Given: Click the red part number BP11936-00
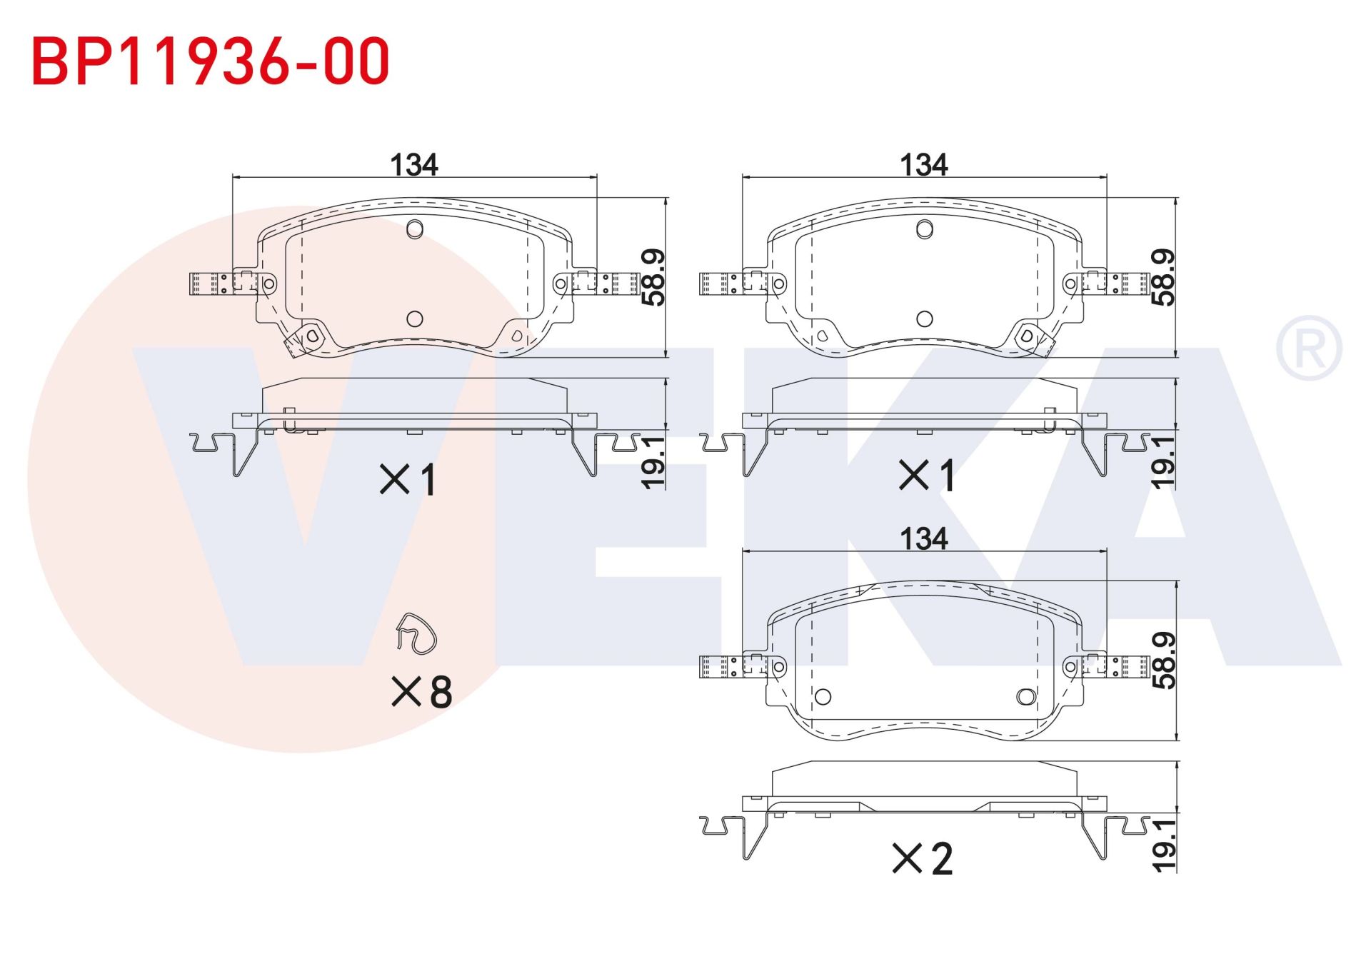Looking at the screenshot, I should click(211, 61).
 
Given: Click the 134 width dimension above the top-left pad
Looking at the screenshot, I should click(413, 165).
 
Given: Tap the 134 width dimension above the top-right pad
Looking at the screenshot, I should click(923, 165).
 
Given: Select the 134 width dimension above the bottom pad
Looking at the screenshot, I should click(923, 538).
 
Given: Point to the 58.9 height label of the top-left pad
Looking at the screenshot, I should click(653, 277).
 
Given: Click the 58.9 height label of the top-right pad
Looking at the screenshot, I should click(1163, 277).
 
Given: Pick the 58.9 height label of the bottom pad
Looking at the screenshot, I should click(1163, 661).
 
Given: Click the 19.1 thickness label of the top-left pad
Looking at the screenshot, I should click(653, 463).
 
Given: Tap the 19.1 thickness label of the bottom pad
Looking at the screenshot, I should click(1163, 845).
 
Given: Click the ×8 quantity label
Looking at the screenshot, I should click(422, 691).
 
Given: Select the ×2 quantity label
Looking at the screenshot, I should click(923, 858).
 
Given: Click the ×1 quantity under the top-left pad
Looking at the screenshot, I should click(408, 479).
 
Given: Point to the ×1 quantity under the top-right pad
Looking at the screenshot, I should click(926, 475).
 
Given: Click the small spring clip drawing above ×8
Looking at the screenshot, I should click(416, 633).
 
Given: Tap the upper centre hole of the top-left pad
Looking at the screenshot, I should click(415, 229).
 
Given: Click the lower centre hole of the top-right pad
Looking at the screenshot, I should click(925, 318).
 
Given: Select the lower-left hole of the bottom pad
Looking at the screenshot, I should click(823, 696).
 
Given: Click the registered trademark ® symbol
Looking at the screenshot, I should click(1308, 348).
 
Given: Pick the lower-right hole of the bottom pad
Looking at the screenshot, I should click(1025, 696).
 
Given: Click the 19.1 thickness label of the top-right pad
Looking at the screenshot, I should click(1163, 463).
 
